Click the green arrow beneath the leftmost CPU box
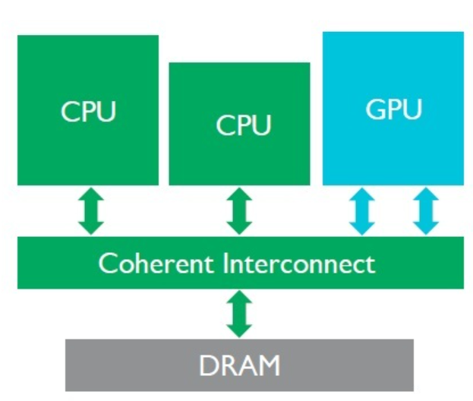click(x=88, y=211)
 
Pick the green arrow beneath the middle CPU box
click(x=239, y=211)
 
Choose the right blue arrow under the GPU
click(x=425, y=211)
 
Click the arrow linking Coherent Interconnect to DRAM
click(x=239, y=314)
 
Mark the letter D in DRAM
click(x=207, y=365)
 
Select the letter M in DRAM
click(x=270, y=365)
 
